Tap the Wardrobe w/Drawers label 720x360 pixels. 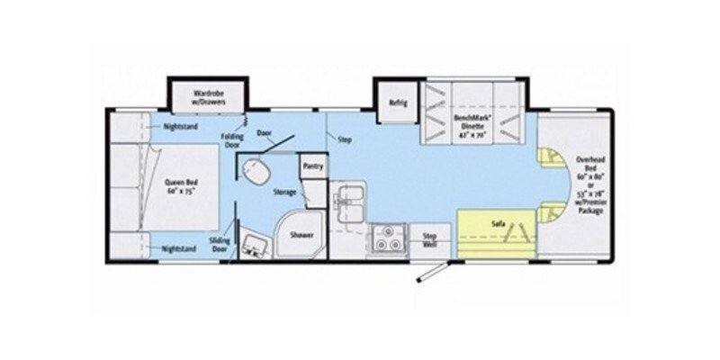[207, 98]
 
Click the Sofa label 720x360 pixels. [497, 220]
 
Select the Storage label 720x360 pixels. [284, 193]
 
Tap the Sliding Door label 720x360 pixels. [218, 245]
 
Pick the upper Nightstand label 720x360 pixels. [181, 127]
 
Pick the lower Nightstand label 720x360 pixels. [181, 247]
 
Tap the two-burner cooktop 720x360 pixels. [389, 240]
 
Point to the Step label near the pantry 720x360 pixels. [344, 140]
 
